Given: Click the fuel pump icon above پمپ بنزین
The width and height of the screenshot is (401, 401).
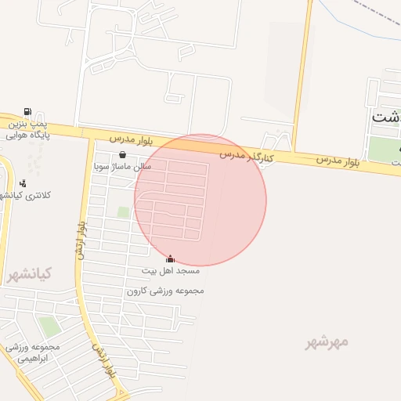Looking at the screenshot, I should (x=28, y=112).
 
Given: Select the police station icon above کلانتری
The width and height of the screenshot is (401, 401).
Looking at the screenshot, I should (x=23, y=184).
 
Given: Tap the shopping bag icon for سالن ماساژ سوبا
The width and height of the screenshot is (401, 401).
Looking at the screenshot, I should (x=122, y=155).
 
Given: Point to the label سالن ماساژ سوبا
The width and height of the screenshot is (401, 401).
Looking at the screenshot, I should (x=121, y=167).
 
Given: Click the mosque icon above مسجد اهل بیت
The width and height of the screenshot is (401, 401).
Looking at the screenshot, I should (x=170, y=258).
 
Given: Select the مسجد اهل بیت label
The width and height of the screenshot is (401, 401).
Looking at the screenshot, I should (x=170, y=270).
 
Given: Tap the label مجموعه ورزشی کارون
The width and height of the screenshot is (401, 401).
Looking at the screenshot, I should (x=165, y=291).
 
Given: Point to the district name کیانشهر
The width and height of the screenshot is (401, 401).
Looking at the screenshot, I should (x=29, y=275).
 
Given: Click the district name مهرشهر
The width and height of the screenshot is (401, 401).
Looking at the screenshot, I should (x=327, y=342).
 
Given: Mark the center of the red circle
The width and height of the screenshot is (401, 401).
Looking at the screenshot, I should (x=200, y=200).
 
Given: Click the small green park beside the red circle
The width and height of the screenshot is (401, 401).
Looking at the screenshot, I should (x=123, y=211).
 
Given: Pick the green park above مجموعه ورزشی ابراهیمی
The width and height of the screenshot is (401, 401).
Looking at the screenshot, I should (x=49, y=327).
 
